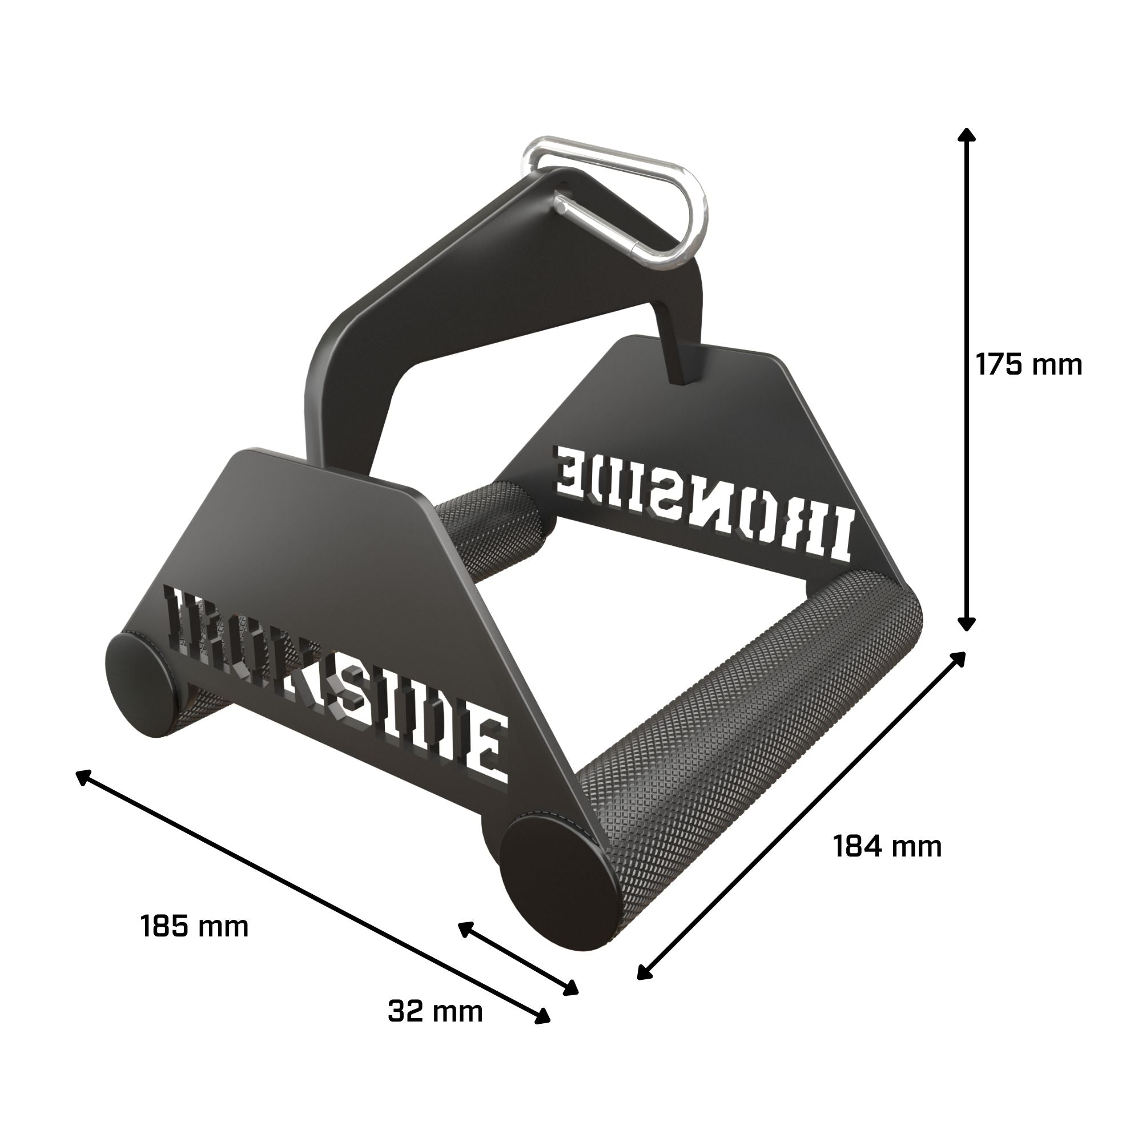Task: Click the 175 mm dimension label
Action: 1028,365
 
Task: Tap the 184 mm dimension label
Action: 887,846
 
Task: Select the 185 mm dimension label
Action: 195,926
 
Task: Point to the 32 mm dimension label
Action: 435,1011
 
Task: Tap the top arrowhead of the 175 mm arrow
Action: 967,136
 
